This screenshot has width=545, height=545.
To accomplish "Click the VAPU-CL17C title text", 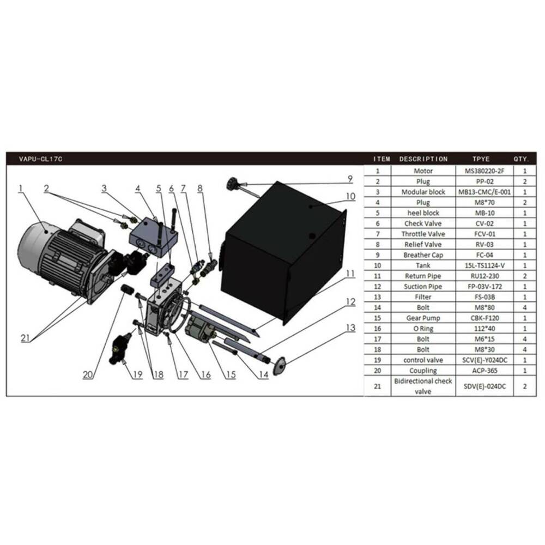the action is point(41,159).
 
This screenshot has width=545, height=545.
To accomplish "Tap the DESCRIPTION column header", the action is point(423,159).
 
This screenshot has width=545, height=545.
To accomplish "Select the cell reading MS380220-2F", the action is point(484,171).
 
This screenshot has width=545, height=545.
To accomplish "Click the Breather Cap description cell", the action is point(423,255).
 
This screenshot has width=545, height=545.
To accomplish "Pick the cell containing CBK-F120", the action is point(484,318).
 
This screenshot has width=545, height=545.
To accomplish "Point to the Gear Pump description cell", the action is point(423,318).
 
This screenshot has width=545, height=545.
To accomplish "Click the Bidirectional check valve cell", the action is point(423,386).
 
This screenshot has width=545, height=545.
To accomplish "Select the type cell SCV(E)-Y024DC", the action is point(485,360).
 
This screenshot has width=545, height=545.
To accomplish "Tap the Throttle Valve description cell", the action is point(423,234).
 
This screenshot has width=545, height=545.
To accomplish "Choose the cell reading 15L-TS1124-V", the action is point(485,265).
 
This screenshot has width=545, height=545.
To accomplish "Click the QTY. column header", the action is point(521,159).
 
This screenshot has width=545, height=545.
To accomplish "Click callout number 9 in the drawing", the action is point(350,179).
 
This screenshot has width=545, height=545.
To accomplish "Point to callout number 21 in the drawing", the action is point(25,337).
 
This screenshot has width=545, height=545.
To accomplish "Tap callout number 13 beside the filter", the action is point(350,328).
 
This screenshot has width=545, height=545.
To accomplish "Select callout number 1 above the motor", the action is point(21,189).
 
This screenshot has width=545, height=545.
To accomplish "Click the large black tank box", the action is point(283,252).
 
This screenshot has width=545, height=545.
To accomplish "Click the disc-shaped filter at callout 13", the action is point(280,366).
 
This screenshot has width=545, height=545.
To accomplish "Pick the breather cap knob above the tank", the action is point(232,183).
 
